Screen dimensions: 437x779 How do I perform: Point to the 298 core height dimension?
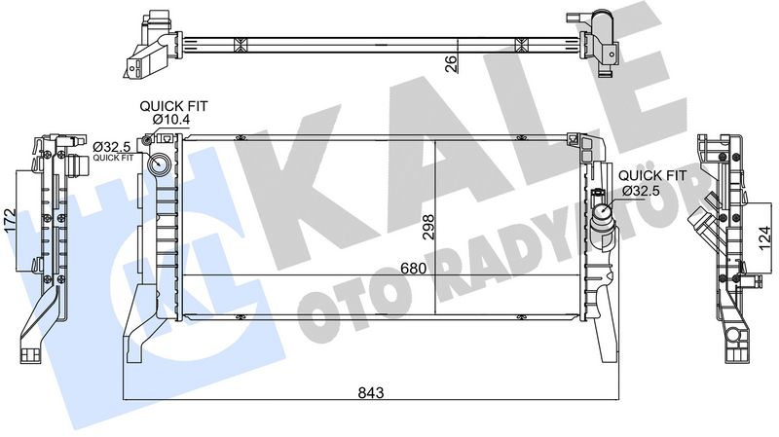coord(426,227)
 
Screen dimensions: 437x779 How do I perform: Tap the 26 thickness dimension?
coord(450,65)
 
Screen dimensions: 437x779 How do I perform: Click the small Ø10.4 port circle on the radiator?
coord(148,142)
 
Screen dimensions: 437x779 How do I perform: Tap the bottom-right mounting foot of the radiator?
coord(604,336)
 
